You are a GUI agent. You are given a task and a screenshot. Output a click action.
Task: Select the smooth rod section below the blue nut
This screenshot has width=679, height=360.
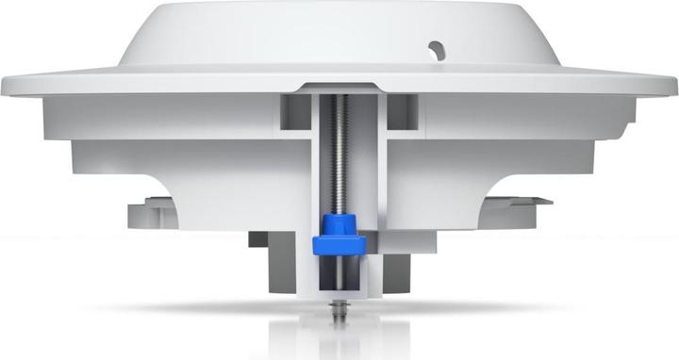[x=338, y=273]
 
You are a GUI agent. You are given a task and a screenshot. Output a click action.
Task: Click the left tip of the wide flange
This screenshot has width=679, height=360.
[x=6, y=85]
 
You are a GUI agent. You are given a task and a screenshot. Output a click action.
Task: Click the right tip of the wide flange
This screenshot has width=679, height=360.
[x=672, y=85]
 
